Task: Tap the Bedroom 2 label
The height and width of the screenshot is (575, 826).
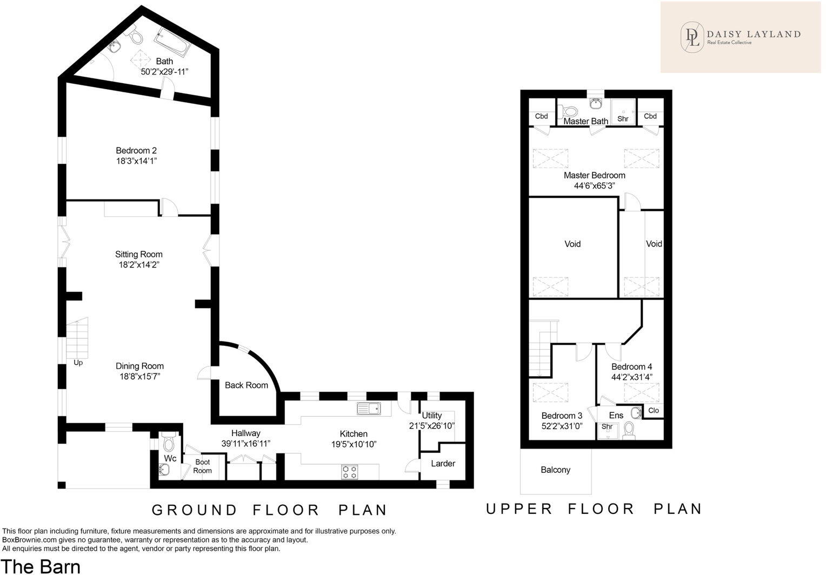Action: (x=136, y=150)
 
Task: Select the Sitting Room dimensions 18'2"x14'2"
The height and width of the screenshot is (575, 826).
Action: (x=138, y=265)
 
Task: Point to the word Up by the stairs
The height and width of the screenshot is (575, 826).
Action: (x=78, y=363)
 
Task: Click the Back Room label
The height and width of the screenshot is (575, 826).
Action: (x=247, y=385)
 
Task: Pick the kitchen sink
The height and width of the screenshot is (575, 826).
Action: (x=369, y=409)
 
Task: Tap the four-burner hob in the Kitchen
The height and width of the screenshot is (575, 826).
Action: (x=350, y=472)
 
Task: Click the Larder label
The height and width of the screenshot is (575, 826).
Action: (x=443, y=463)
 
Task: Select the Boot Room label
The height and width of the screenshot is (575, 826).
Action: (x=202, y=466)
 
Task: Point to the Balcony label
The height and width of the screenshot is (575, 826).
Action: (x=555, y=470)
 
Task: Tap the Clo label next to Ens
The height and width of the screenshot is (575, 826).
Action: (x=654, y=411)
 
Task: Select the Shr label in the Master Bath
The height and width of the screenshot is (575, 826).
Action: (x=623, y=119)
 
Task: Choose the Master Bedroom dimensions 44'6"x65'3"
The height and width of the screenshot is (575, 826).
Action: (x=595, y=186)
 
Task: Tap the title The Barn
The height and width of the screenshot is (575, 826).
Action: (x=41, y=566)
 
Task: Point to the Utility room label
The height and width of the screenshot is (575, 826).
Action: (x=431, y=416)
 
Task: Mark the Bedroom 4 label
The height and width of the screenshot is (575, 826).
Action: (x=632, y=367)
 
